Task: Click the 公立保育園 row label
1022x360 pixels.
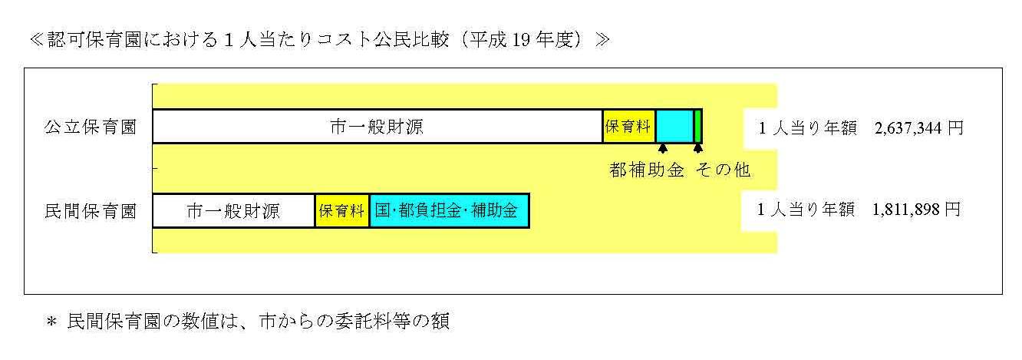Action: (90, 127)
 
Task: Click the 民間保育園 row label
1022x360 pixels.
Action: (90, 211)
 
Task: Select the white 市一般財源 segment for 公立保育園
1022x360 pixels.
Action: (377, 127)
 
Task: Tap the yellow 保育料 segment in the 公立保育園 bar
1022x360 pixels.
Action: (628, 127)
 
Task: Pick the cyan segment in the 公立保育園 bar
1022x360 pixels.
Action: (674, 127)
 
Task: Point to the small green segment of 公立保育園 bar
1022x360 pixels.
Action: (697, 127)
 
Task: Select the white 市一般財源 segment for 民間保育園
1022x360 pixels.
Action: (233, 211)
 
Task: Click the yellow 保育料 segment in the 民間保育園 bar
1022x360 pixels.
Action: (341, 211)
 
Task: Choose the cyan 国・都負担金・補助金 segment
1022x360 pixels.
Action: (449, 211)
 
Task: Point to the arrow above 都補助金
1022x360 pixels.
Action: (662, 147)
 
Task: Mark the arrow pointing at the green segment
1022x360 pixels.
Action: (697, 147)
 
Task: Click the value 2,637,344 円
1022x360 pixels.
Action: (918, 128)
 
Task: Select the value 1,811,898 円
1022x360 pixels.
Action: (916, 210)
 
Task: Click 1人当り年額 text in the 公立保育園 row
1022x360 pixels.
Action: (806, 128)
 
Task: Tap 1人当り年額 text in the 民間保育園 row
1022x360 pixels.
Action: (805, 210)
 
